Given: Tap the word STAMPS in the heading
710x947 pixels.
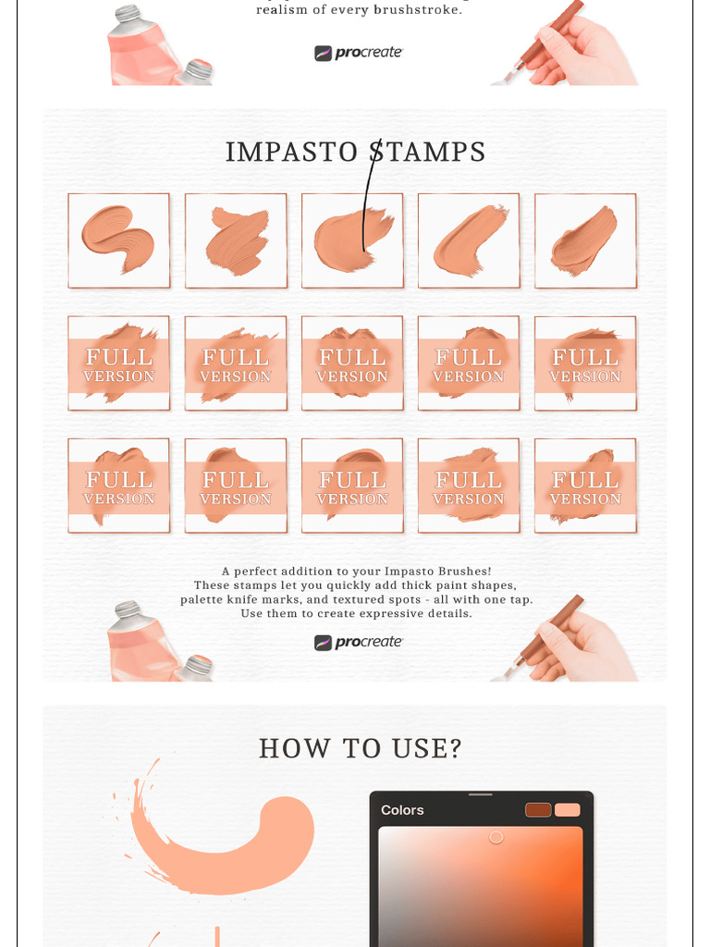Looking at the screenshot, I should point(428,152).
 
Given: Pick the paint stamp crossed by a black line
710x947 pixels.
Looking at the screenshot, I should point(352,240).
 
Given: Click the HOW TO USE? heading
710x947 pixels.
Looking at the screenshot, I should point(360,748).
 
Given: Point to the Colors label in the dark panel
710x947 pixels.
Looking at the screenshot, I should point(402,810).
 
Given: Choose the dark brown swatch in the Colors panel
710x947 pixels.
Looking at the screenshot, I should point(538,810).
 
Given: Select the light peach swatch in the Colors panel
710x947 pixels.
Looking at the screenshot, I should point(568,810).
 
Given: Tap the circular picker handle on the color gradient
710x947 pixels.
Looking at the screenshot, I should point(496,837).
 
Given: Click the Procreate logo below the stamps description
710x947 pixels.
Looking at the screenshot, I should point(359,642).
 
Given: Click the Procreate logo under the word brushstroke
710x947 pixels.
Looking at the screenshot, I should point(359,53).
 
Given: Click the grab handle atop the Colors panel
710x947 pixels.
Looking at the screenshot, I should point(481,793).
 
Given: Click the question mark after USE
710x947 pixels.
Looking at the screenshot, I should point(453,748).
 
